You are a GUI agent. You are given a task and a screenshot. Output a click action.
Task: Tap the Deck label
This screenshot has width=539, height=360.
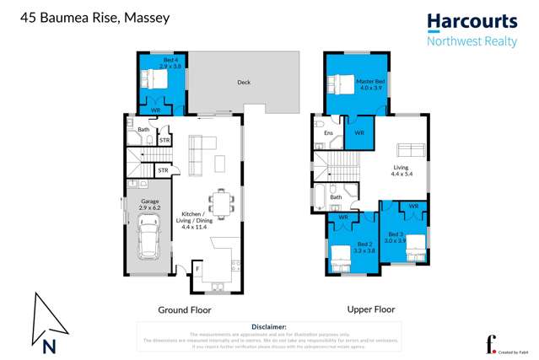244,83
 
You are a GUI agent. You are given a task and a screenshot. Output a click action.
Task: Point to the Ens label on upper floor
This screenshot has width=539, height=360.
329,132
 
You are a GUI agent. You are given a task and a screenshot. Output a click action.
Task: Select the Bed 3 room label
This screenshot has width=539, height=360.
396,237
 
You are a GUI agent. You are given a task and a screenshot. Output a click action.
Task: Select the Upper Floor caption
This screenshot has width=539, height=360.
371,309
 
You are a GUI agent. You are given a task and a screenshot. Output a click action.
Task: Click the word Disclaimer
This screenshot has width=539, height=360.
268,326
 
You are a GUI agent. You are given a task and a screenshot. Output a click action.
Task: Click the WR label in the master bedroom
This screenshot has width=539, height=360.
358,132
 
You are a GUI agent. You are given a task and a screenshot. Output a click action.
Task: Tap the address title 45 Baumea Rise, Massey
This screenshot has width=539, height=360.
81,16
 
